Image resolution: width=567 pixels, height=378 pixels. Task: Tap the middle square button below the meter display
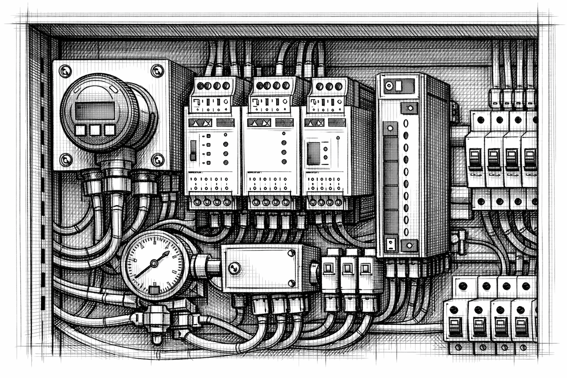click(95, 130)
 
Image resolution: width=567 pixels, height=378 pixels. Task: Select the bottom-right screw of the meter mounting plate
click(158, 159)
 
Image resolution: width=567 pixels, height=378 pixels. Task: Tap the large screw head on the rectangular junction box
click(234, 268)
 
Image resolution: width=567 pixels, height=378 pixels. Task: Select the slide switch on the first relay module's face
click(193, 151)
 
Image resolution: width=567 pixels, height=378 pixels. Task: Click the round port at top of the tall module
click(389, 87)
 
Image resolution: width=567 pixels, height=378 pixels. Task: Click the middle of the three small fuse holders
click(347, 268)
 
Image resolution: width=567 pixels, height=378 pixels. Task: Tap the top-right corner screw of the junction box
click(291, 253)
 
